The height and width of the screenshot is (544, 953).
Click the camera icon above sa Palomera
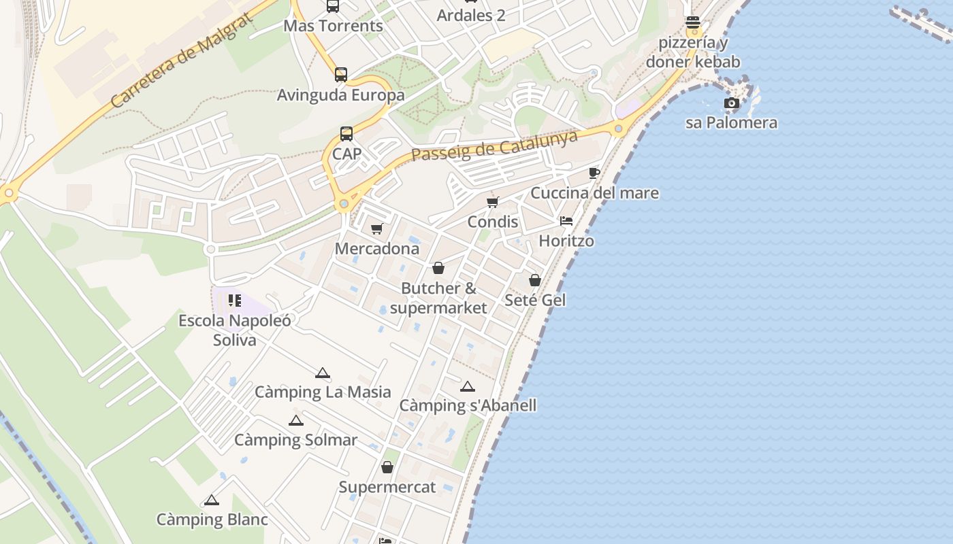[x=732, y=103]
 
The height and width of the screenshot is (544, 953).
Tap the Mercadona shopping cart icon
[x=376, y=229]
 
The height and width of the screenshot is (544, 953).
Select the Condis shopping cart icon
[x=493, y=202]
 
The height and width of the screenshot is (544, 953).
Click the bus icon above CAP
[x=346, y=134]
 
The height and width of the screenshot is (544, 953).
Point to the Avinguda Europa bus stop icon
[x=340, y=75]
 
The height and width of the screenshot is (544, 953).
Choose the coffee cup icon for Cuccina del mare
[x=594, y=173]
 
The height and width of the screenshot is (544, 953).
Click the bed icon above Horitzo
[x=566, y=221]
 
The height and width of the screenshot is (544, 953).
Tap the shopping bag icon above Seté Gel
[x=535, y=280]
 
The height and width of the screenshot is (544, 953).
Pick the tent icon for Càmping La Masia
[x=323, y=373]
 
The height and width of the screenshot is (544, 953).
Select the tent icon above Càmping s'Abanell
[x=467, y=386]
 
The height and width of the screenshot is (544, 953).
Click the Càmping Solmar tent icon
[x=295, y=420]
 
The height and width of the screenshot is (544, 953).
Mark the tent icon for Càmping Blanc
[x=212, y=500]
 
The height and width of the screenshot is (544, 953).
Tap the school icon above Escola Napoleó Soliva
[x=235, y=301]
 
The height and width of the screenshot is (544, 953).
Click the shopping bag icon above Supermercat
[x=387, y=467]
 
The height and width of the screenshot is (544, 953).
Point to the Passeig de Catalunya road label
[x=495, y=146]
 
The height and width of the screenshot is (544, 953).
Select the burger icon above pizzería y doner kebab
[x=693, y=22]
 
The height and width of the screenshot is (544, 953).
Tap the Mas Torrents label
[x=333, y=26]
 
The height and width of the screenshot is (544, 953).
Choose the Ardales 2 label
[x=471, y=15]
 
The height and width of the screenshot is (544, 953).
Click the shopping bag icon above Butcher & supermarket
[x=438, y=268]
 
